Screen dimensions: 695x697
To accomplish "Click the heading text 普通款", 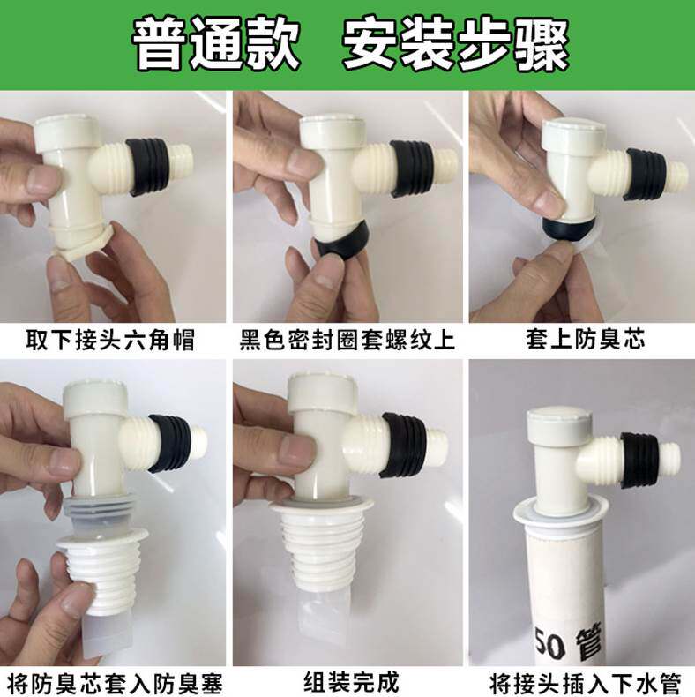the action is click(216, 45).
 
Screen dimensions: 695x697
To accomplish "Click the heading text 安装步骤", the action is click(456, 45).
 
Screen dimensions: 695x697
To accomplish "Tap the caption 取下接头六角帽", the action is click(110, 340).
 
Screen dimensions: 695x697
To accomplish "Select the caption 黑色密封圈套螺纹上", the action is click(347, 340).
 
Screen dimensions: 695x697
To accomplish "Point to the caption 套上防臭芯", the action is click(586, 340).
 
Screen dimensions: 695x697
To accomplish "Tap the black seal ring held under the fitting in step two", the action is click(344, 243).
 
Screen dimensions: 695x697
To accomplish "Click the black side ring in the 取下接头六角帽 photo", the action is click(148, 167).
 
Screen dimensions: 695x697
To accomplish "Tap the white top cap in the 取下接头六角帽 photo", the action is click(67, 133).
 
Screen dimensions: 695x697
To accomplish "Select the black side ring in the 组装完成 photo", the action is click(405, 445).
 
